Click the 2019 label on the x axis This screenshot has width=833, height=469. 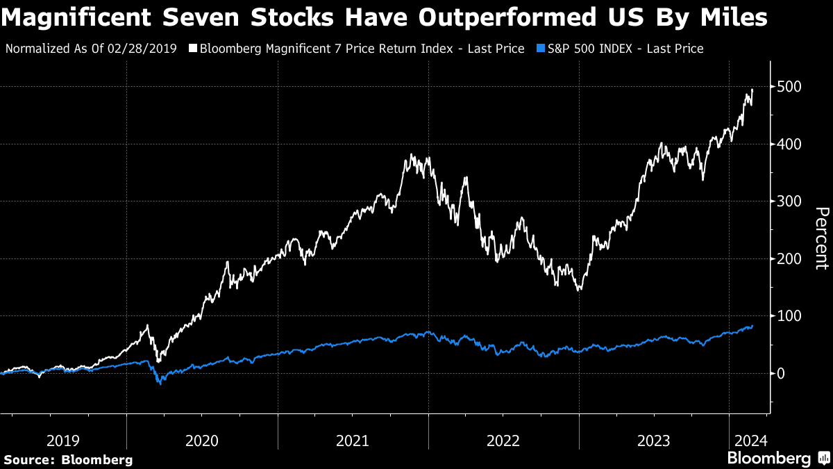click(63, 441)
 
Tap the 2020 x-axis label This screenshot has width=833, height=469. click(202, 441)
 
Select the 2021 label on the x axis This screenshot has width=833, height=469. click(353, 441)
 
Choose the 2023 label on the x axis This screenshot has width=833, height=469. click(654, 441)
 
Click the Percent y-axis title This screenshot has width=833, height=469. click(821, 238)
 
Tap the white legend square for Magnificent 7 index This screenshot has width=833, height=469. click(193, 49)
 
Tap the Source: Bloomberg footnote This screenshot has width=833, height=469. click(68, 459)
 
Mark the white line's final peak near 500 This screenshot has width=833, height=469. click(752, 90)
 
